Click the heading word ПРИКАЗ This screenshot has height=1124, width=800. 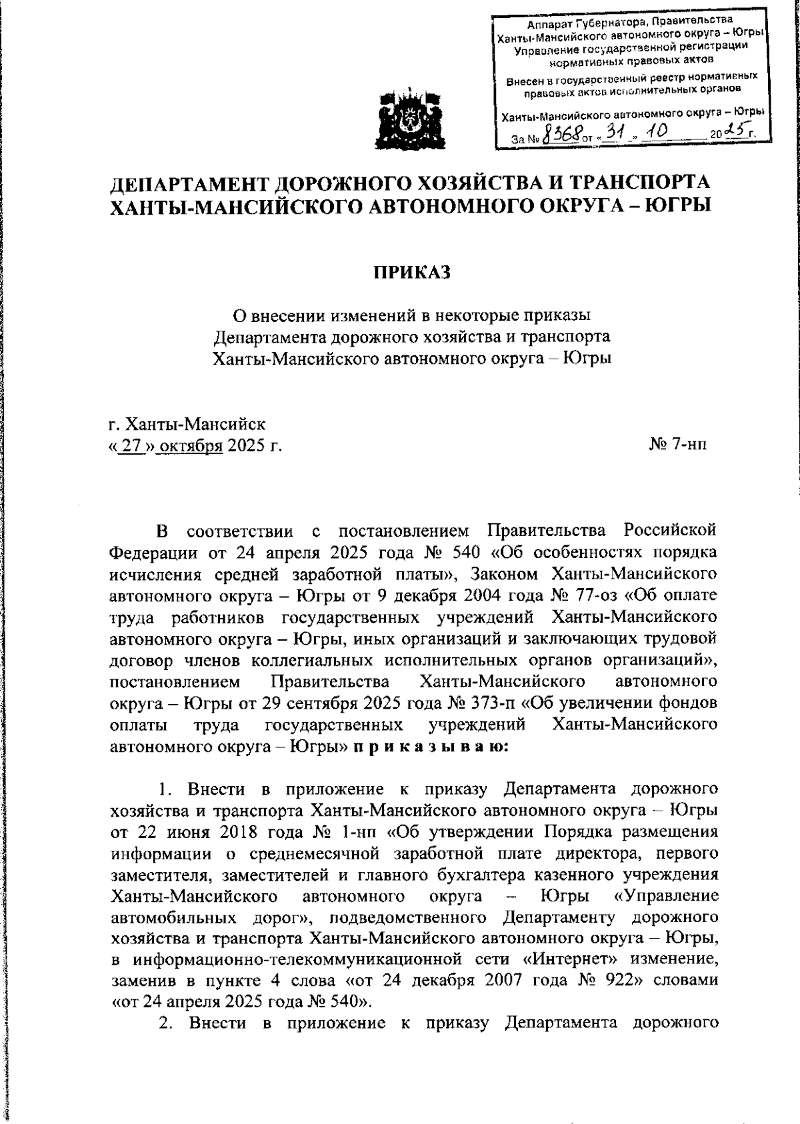pyautogui.click(x=411, y=273)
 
